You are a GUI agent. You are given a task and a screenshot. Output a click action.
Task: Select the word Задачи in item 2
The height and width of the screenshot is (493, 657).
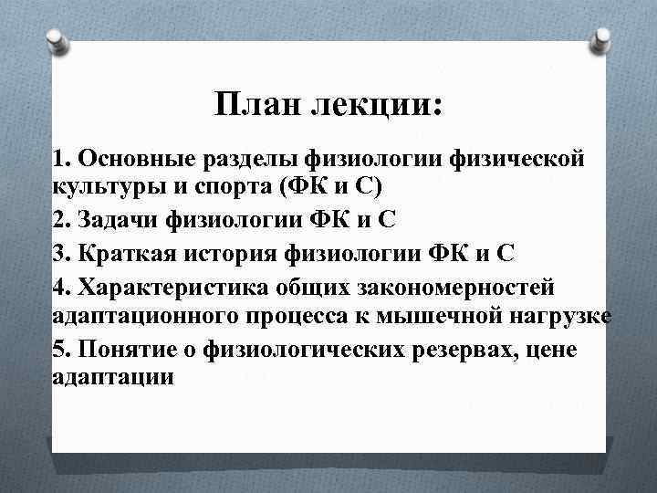pyautogui.click(x=120, y=220)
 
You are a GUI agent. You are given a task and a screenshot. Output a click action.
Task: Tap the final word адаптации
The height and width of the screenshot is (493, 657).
pyautogui.click(x=112, y=376)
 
